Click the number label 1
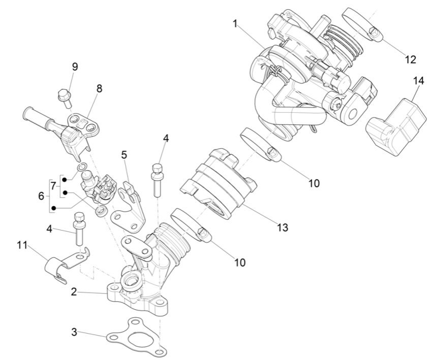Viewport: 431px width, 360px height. click(x=235, y=23)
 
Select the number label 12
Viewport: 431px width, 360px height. click(x=410, y=59)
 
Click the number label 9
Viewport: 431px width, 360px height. click(x=75, y=66)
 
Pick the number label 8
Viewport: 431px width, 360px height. click(x=99, y=88)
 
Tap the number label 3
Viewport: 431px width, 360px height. click(x=74, y=333)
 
